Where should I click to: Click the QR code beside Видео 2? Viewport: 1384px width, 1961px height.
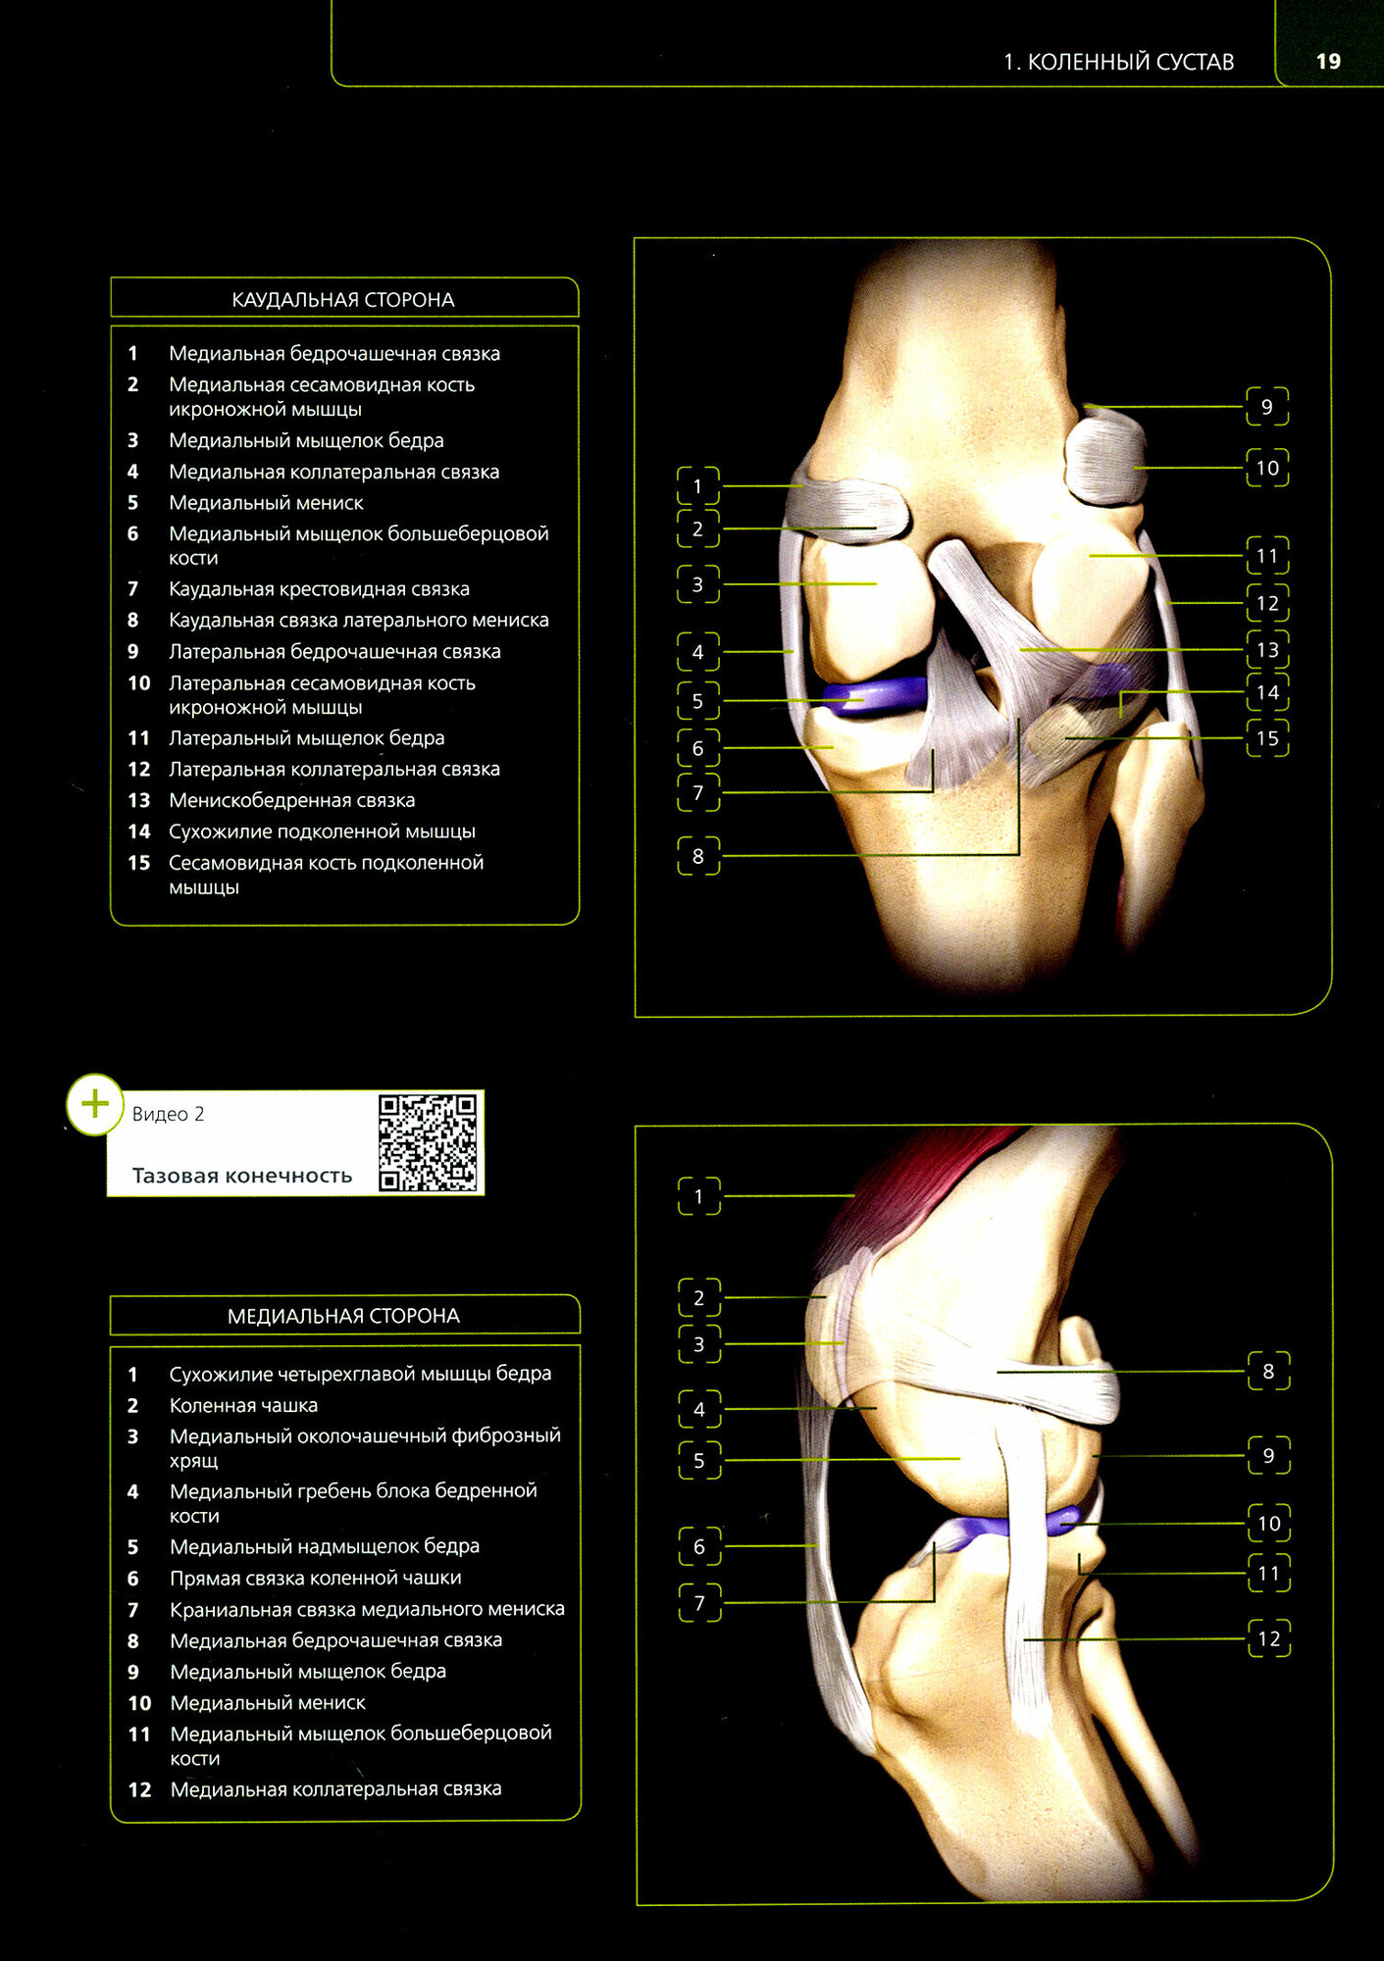(428, 1142)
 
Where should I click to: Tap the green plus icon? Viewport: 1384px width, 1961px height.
(94, 1104)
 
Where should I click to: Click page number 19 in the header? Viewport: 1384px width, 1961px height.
(1327, 62)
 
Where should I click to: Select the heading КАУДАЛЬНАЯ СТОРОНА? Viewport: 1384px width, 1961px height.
(343, 300)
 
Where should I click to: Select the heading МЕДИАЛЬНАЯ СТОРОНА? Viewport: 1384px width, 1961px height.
(343, 1316)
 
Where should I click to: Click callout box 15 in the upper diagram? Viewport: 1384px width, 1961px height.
(1266, 738)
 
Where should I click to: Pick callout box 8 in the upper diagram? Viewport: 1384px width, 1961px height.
(697, 856)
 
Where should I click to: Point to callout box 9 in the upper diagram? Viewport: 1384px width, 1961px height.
(1266, 407)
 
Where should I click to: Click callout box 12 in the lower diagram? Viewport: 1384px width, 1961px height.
(1268, 1638)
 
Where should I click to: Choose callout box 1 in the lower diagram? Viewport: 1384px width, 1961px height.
(698, 1196)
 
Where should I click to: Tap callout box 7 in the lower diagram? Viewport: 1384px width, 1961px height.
(698, 1603)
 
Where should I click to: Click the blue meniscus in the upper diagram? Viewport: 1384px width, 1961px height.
(873, 694)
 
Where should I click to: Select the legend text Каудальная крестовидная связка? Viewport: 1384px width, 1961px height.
(319, 589)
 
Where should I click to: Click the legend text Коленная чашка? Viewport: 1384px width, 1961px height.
(243, 1405)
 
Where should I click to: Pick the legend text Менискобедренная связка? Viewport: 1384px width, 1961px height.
(291, 801)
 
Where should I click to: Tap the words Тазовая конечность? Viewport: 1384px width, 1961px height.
(241, 1176)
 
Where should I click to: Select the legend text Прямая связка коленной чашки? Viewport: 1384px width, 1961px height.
(315, 1578)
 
